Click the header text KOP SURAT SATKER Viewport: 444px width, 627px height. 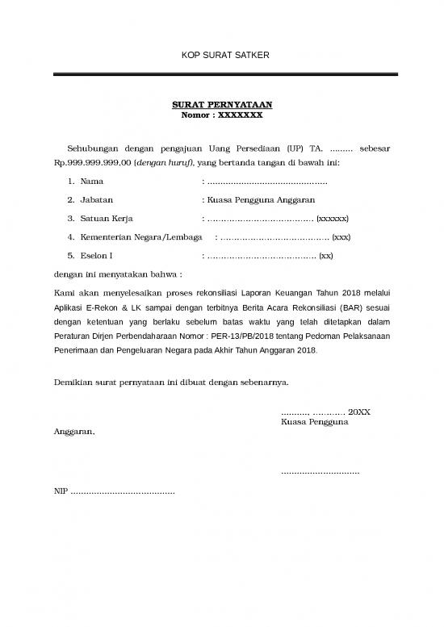click(x=222, y=55)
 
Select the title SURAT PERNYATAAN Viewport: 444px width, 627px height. click(x=222, y=105)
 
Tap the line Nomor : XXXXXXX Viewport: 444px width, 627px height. click(x=222, y=115)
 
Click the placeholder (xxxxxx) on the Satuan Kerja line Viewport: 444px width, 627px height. click(x=333, y=218)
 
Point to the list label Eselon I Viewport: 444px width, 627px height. click(x=96, y=256)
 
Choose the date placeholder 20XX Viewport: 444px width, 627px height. click(x=359, y=412)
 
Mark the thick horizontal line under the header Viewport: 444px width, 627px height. click(x=222, y=76)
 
